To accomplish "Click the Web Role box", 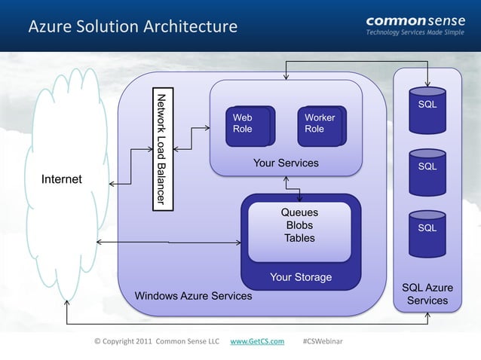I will [253, 124].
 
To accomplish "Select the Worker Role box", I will [322, 124].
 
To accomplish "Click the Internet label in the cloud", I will [62, 179].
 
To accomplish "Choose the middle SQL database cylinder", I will [427, 169].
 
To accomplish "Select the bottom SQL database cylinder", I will [427, 229].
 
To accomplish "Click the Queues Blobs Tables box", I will [299, 226].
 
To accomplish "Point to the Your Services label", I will [286, 163].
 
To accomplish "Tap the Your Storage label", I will [300, 277].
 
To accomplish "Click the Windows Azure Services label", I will [193, 296].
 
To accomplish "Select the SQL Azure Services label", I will [427, 294].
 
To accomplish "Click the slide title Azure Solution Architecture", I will [133, 27].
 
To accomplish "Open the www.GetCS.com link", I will [256, 342].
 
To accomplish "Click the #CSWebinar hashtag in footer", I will [322, 342].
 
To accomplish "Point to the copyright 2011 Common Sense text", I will [156, 342].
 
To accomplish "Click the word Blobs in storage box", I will [299, 225].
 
